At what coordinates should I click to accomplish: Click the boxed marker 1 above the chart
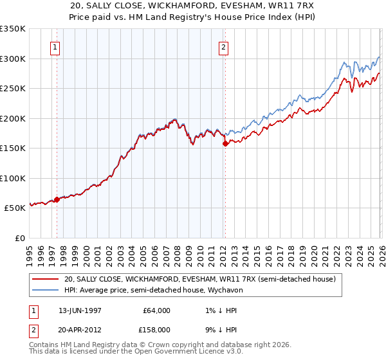point(56,47)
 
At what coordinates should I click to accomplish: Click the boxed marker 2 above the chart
point(223,47)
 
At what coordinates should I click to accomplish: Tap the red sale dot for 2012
point(225,144)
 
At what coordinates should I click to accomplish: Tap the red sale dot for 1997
point(57,199)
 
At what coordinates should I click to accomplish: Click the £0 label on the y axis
point(19,238)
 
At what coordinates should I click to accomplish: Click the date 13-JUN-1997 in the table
point(86,310)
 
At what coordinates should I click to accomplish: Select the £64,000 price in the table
point(157,310)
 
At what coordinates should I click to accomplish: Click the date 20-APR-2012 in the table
point(86,329)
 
